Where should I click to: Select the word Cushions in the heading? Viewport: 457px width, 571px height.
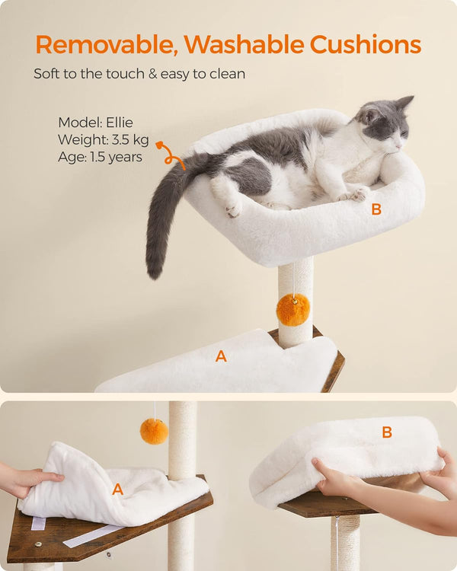[365, 45]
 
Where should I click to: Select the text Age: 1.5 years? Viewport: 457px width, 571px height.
[100, 158]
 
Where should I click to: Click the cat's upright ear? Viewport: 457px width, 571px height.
[404, 103]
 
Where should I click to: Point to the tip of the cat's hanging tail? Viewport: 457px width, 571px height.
[155, 271]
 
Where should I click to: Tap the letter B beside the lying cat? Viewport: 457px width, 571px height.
[376, 210]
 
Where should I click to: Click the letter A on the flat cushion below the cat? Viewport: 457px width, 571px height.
[221, 356]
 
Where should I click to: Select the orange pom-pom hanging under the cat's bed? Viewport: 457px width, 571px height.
[293, 310]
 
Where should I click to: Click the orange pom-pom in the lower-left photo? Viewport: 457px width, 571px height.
[154, 431]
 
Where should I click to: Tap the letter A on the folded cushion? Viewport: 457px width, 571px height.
[117, 490]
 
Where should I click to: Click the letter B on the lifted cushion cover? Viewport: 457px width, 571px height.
[387, 432]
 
